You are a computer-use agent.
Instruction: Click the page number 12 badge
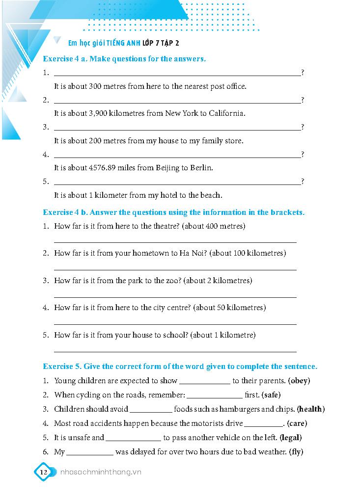tap(43, 472)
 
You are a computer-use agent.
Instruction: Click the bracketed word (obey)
tap(299, 380)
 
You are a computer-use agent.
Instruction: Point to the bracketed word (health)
tap(311, 409)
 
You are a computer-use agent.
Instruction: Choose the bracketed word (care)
tap(297, 423)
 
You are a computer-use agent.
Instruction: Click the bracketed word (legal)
tap(290, 437)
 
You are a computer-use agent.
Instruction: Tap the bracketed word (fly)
tap(295, 451)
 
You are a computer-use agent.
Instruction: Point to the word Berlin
tap(201, 168)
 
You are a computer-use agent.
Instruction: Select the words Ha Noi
tap(193, 253)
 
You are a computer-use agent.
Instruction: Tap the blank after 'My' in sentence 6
tap(90, 452)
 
